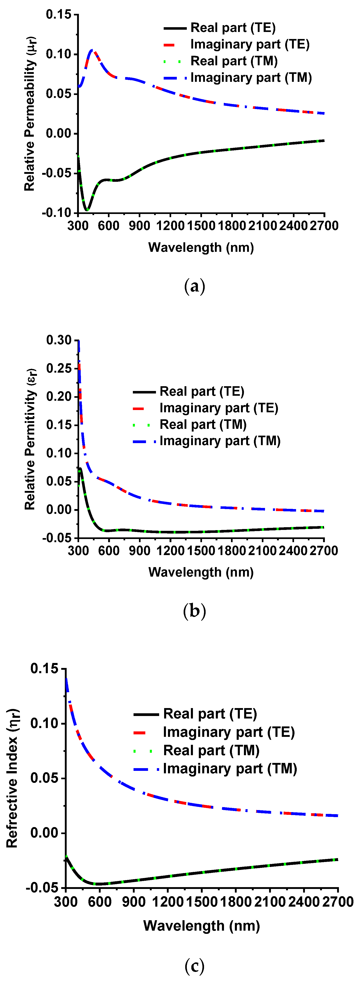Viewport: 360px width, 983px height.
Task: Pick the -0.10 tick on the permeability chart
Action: (57, 213)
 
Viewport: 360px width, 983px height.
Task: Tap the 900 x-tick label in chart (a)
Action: (139, 226)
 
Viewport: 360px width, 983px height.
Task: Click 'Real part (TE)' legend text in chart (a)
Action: (233, 28)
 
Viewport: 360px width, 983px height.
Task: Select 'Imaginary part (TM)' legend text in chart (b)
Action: (220, 441)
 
